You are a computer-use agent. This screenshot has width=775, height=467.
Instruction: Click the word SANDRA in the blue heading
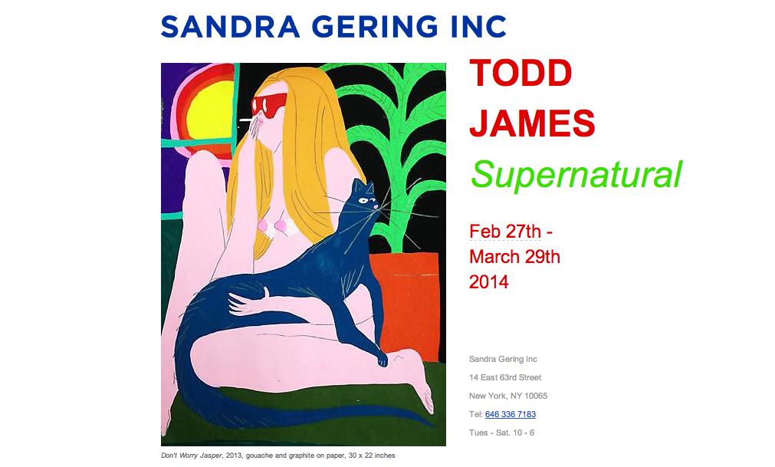230,27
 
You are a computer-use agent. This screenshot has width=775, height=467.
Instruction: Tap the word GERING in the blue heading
375,27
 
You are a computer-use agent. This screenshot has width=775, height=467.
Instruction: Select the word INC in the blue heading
478,27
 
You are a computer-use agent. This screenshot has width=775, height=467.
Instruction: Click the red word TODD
520,73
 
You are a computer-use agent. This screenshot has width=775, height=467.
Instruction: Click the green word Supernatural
576,174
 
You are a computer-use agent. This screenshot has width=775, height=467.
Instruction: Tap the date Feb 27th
505,232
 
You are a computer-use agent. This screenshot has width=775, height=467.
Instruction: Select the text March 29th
514,257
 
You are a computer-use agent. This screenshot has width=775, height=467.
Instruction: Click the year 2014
489,282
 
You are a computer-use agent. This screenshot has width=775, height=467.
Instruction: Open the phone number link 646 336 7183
511,414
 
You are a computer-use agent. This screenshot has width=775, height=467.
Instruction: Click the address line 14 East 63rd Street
505,377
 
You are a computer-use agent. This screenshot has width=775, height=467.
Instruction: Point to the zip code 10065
536,396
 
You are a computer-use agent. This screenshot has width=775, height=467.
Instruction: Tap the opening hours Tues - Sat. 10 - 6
501,433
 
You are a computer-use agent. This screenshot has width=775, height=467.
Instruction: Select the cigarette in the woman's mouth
247,120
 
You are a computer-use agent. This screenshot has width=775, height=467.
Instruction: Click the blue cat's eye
363,200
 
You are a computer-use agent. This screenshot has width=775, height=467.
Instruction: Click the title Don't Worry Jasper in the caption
192,455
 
